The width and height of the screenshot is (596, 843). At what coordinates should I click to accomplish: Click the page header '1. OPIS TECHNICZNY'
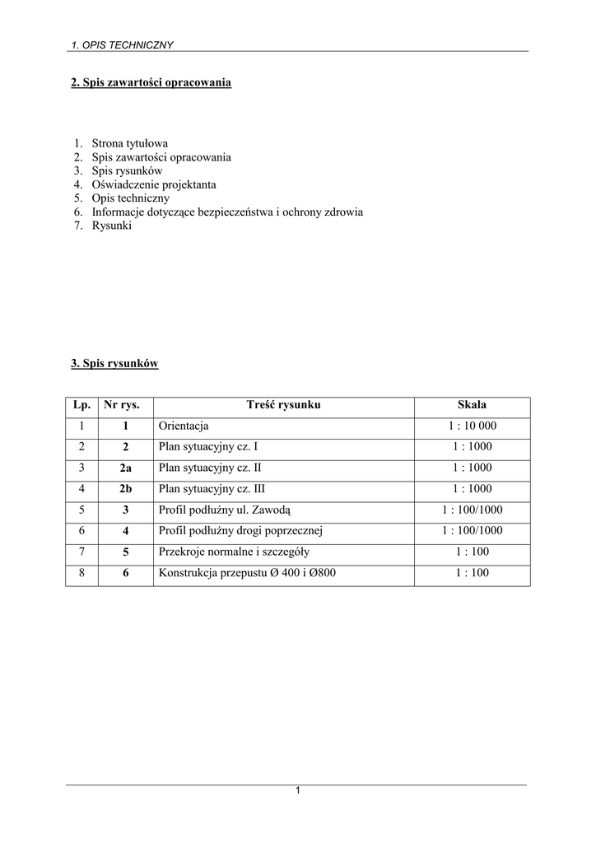pyautogui.click(x=122, y=44)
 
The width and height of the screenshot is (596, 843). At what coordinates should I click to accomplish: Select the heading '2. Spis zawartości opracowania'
pyautogui.click(x=151, y=83)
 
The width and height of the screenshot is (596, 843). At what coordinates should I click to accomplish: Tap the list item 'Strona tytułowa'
pyautogui.click(x=129, y=143)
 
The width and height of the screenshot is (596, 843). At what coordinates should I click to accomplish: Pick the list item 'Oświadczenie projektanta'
pyautogui.click(x=154, y=184)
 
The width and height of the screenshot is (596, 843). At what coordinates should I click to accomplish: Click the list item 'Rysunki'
pyautogui.click(x=111, y=226)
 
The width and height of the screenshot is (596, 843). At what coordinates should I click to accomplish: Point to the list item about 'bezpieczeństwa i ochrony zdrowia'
pyautogui.click(x=227, y=212)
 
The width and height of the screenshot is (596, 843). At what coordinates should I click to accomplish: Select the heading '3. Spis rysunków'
pyautogui.click(x=114, y=363)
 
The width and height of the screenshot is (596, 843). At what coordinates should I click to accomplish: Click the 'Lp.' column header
pyautogui.click(x=81, y=405)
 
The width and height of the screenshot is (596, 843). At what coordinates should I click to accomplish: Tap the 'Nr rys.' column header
pyautogui.click(x=125, y=405)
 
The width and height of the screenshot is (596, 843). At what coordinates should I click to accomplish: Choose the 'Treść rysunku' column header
pyautogui.click(x=283, y=405)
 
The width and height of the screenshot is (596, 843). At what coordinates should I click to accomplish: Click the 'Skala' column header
pyautogui.click(x=472, y=405)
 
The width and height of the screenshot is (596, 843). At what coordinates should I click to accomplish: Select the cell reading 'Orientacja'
pyautogui.click(x=184, y=426)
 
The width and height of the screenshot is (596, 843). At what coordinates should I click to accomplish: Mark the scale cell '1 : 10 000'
pyautogui.click(x=472, y=426)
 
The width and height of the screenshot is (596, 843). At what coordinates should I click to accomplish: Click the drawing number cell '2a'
pyautogui.click(x=125, y=468)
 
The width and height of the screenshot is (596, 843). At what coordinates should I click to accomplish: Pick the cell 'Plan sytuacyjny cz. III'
pyautogui.click(x=212, y=489)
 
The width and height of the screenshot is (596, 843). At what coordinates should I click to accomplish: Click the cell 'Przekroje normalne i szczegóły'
pyautogui.click(x=234, y=552)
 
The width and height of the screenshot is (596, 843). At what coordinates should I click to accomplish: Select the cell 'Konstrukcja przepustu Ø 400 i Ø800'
pyautogui.click(x=247, y=573)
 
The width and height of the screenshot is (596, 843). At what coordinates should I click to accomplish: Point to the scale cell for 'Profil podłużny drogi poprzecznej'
pyautogui.click(x=472, y=531)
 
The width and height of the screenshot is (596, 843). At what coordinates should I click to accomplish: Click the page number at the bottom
pyautogui.click(x=298, y=791)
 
